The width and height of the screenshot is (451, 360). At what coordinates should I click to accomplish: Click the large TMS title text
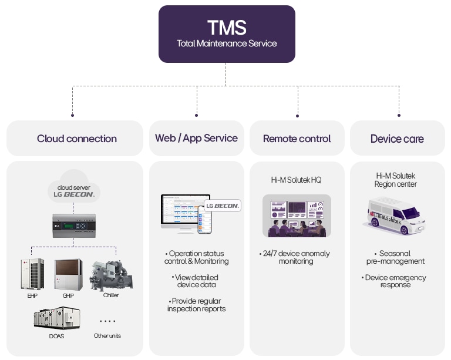point(226,27)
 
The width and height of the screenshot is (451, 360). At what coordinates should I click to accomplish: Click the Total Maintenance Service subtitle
point(226,43)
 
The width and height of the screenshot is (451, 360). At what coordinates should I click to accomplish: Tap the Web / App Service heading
point(196,138)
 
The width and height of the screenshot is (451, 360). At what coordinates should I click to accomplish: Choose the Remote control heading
point(297,139)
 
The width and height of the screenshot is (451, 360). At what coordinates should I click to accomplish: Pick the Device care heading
point(397,139)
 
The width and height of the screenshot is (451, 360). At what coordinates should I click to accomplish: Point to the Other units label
point(107,336)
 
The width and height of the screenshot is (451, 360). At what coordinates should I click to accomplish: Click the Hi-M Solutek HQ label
point(297,180)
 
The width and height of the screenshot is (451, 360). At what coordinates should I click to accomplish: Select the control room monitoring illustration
point(297,216)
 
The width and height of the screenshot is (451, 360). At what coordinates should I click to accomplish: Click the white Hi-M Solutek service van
point(397,216)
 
